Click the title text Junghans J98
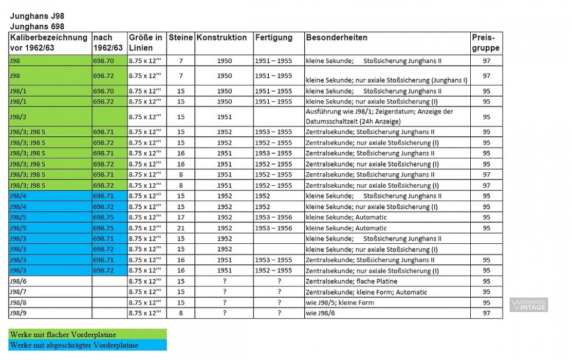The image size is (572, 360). click(x=37, y=16)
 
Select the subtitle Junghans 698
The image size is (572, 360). click(x=37, y=26)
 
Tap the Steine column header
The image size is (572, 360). click(x=180, y=38)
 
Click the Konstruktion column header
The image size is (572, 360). click(x=222, y=38)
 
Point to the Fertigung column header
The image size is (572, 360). click(x=273, y=38)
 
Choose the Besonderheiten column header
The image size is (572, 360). click(x=337, y=38)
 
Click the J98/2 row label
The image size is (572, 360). click(x=18, y=117)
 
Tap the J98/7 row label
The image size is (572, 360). click(x=18, y=292)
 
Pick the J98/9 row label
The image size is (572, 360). click(x=18, y=313)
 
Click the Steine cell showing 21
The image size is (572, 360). click(x=180, y=228)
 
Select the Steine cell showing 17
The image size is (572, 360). click(x=180, y=217)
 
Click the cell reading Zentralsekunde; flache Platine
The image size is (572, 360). click(x=352, y=281)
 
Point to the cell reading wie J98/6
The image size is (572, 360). click(x=319, y=313)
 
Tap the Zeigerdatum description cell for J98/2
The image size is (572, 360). click(x=379, y=117)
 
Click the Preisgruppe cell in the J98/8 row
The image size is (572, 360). click(x=486, y=302)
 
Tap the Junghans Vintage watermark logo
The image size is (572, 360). click(x=529, y=305)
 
